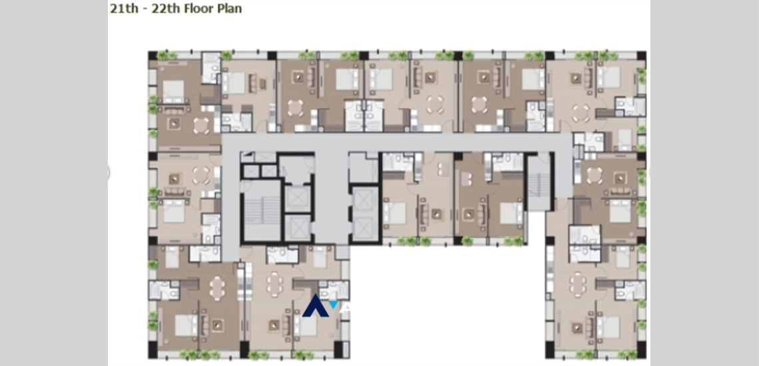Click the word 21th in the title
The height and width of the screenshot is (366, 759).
(123, 9)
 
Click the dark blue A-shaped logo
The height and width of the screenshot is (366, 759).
(315, 305)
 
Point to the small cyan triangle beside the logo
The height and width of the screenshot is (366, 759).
(334, 305)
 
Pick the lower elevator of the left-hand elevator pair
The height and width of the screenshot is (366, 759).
(297, 228)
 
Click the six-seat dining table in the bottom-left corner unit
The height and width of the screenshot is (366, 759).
(217, 287)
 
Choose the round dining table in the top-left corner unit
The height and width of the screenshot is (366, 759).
(201, 125)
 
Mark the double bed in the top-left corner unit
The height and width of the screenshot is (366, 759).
(173, 91)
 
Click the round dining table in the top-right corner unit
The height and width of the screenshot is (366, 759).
(581, 113)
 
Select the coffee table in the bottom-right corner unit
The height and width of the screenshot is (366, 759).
(577, 328)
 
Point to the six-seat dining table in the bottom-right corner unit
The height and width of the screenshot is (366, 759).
(577, 284)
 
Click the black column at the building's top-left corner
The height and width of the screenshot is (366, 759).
(152, 55)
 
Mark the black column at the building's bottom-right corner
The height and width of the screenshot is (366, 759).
(641, 349)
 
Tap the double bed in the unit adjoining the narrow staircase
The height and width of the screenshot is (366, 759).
(511, 213)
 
